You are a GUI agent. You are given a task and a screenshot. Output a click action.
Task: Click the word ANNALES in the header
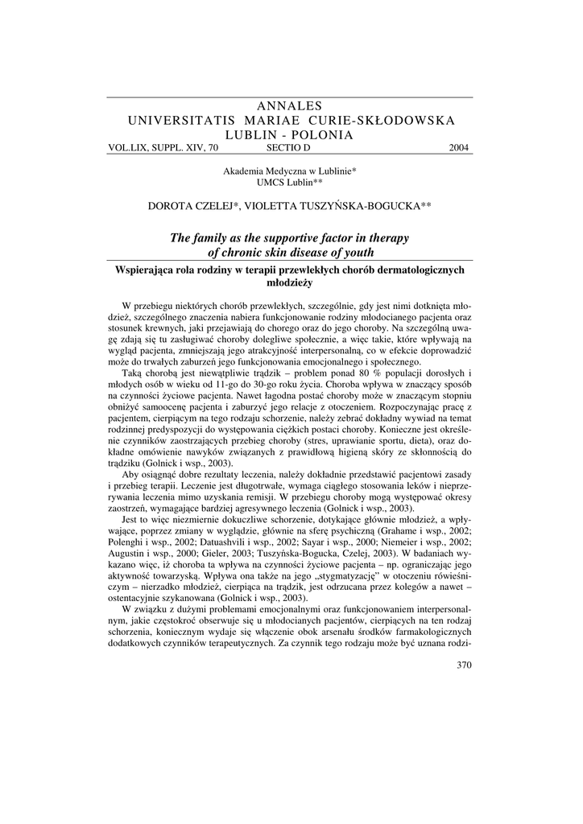coord(291,106)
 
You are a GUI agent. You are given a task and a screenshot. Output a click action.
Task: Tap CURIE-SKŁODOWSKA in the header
coord(387,121)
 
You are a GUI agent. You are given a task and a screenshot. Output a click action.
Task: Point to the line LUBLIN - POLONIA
coord(291,135)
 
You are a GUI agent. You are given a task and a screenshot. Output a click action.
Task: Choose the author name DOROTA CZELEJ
coord(192,206)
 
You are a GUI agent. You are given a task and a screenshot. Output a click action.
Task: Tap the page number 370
coord(463,665)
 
